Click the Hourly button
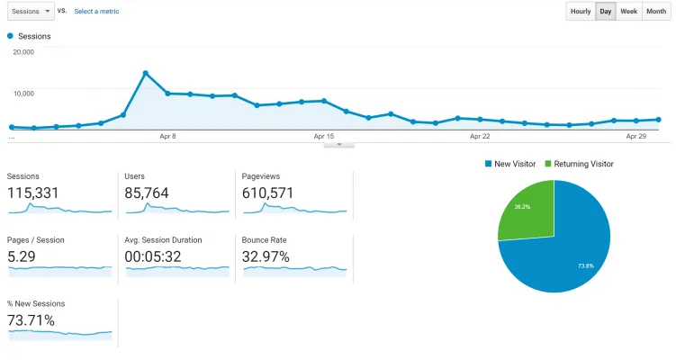pos(581,11)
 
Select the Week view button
pos(628,11)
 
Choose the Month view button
pos(656,11)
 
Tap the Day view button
pos(606,11)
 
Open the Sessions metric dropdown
pos(31,11)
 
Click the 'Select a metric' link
pos(96,11)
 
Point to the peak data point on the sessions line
pos(145,73)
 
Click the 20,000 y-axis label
pos(23,51)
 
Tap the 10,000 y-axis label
pos(23,93)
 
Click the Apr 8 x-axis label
pos(167,136)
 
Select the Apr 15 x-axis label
pos(324,136)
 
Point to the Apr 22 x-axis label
pos(480,136)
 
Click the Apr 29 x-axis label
pos(635,136)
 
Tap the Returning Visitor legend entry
pos(579,164)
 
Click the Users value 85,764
pos(147,193)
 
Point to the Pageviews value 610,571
pos(267,193)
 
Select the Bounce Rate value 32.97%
pos(266,257)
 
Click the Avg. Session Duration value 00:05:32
pos(153,257)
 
